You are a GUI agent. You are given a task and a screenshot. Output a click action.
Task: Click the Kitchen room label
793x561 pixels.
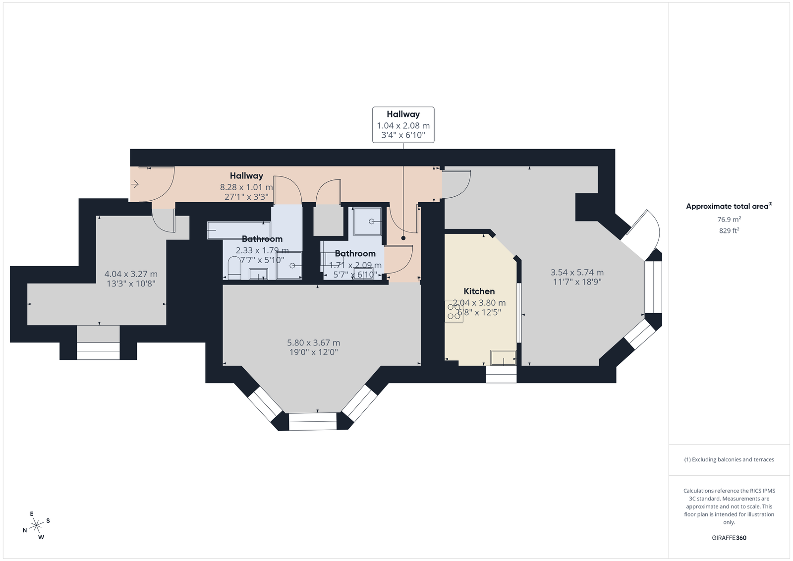click(479, 291)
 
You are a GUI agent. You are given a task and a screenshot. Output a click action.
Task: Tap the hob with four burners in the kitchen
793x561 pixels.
click(454, 311)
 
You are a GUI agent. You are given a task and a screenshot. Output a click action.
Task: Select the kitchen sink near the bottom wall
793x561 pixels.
click(503, 358)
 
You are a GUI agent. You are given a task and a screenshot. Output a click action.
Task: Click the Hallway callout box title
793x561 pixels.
click(403, 114)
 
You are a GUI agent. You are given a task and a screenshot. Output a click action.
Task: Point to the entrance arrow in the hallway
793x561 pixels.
click(134, 184)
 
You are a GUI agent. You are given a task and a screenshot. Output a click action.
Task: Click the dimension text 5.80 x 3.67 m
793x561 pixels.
click(313, 342)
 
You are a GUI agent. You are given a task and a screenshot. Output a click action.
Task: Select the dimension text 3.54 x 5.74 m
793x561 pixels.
click(577, 272)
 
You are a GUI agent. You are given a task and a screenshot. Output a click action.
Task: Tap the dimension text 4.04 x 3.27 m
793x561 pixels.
click(131, 274)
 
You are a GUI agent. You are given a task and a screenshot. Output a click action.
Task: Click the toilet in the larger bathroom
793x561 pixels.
click(234, 268)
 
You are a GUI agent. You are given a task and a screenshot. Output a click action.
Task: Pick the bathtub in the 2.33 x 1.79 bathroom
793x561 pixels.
click(239, 230)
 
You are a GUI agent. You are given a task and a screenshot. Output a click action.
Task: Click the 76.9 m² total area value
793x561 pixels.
click(729, 220)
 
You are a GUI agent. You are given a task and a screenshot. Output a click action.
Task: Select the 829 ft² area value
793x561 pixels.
click(729, 231)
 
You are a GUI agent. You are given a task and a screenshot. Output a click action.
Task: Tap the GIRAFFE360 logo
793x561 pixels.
click(729, 538)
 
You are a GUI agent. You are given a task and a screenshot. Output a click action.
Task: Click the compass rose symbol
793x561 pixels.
click(36, 525)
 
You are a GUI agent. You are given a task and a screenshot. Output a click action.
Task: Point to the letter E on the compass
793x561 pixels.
click(32, 514)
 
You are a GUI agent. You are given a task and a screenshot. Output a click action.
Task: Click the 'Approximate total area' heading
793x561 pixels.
click(729, 206)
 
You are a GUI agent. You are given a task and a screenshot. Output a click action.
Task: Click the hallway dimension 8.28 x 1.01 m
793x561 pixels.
click(246, 187)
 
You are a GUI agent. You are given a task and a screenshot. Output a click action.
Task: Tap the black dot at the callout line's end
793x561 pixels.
click(403, 238)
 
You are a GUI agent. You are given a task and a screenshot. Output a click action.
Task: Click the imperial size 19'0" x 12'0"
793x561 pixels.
click(313, 352)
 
